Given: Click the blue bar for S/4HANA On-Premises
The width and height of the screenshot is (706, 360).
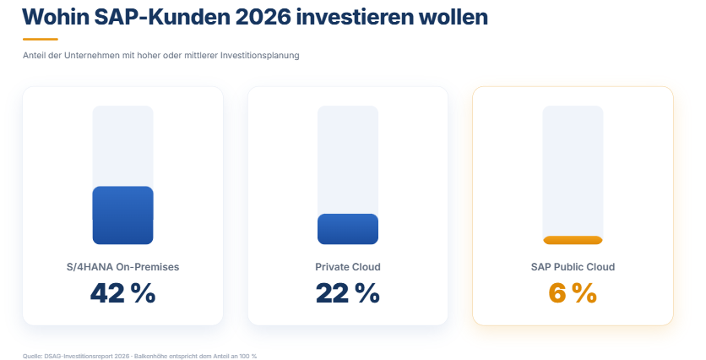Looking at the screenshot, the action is (123, 215).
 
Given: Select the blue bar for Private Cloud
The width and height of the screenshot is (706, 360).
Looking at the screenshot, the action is (348, 229).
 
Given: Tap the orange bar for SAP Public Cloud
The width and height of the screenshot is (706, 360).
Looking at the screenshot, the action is (573, 240).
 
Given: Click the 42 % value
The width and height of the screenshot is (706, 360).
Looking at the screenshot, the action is (123, 293).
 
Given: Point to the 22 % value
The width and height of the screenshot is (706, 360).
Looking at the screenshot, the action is (348, 293).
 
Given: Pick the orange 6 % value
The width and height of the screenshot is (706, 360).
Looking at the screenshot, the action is (573, 293).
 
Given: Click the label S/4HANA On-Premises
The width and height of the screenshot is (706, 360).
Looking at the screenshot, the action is (123, 267).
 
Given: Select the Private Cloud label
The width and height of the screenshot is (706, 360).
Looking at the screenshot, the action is (348, 267).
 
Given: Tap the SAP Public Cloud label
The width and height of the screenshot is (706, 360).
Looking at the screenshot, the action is (573, 267).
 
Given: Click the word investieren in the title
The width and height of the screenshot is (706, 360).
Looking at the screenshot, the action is (355, 17).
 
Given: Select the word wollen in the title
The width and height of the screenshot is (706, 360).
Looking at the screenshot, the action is (453, 17).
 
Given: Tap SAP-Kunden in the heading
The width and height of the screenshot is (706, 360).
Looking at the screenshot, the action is (161, 17).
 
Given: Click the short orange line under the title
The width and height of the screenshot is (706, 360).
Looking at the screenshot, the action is (41, 39).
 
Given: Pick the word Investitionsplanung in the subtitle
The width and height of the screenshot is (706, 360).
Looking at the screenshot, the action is (260, 56).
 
